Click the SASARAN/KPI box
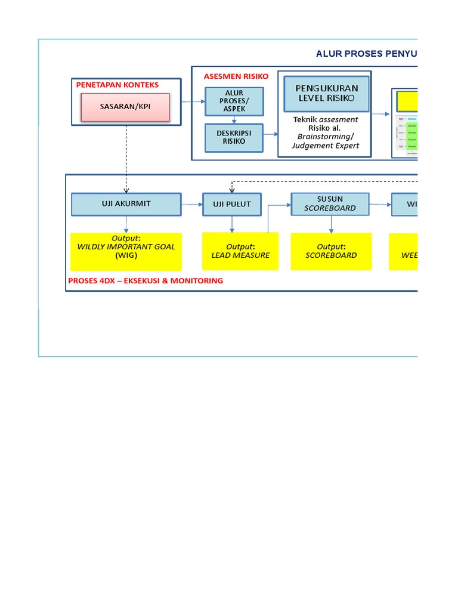125,107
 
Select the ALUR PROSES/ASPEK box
234,101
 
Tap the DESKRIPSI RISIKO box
234,137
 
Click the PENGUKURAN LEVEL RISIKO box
326,94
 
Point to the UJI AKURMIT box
126,204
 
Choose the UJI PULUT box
232,204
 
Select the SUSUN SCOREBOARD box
330,203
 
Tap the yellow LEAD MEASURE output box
240,251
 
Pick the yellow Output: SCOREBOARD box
331,251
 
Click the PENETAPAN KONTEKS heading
117,85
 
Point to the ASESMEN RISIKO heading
236,76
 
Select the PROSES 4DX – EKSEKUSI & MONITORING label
146,280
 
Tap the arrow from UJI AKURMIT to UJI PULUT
192,204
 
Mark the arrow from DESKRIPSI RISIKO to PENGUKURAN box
271,134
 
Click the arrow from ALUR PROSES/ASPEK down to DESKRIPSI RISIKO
234,119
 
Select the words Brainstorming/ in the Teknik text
326,137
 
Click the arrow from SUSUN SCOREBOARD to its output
331,224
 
